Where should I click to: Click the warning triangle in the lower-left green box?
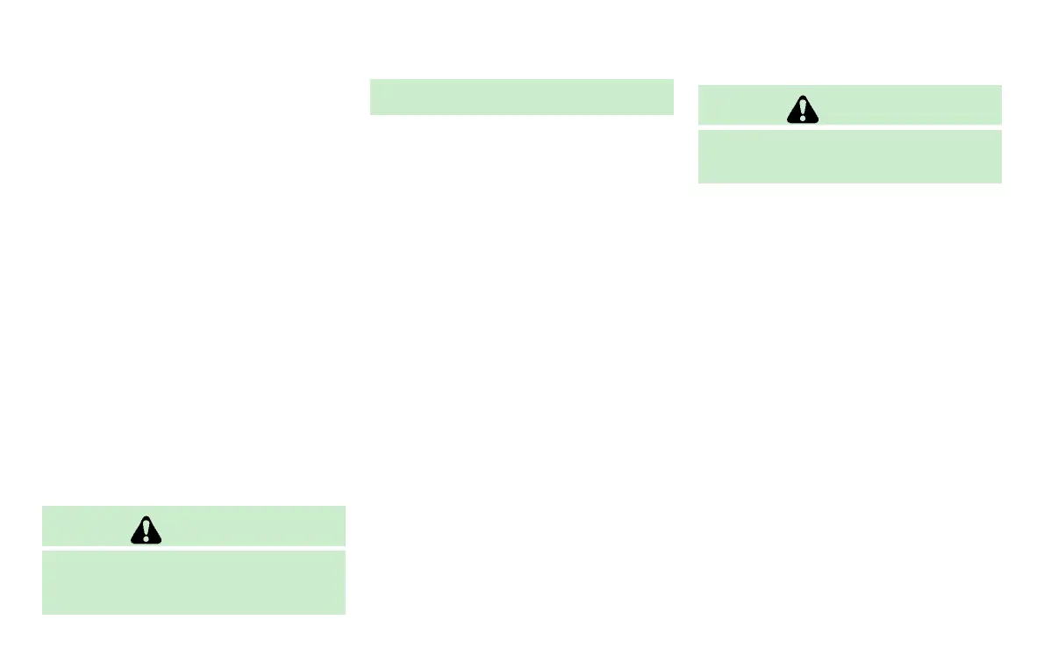point(146,530)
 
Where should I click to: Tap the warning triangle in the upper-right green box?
point(802,108)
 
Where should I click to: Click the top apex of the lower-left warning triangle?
point(146,516)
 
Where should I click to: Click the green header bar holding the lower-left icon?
point(246,526)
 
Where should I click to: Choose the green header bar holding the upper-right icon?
point(904,104)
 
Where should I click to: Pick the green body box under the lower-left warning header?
point(194,582)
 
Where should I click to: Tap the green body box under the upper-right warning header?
point(849,156)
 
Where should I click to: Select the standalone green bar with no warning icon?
point(521,97)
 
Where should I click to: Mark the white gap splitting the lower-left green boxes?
point(194,549)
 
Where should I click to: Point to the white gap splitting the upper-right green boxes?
point(849,127)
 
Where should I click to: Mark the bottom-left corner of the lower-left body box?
point(43,613)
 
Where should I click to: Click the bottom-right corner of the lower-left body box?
point(345,613)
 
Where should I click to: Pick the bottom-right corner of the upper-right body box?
point(1000,182)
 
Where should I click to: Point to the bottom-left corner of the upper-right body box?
point(699,182)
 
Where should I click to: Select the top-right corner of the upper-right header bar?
point(1000,86)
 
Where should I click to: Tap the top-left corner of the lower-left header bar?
point(43,507)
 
